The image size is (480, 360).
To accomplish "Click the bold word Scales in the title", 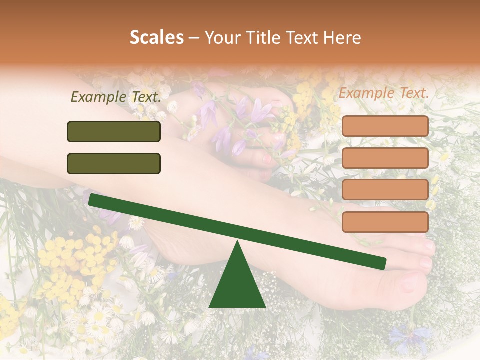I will point(156,37).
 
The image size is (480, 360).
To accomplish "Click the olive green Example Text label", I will point(116,97).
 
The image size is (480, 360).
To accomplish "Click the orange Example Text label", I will point(384,93).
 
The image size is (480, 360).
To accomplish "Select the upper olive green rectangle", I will point(114,131).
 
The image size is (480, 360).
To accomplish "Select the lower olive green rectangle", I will point(114,163).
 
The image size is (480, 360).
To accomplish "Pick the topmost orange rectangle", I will point(385,126).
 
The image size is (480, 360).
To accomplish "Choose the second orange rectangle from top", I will point(385,158).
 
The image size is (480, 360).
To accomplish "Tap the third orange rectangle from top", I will point(385,190).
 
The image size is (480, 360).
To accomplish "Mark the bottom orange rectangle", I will point(385,222).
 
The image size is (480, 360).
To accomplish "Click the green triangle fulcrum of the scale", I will point(237,285).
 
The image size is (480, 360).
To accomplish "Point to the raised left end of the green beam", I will point(93,199).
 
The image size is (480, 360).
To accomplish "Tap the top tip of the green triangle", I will point(237,243).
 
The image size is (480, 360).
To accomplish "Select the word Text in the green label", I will point(145,97).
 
